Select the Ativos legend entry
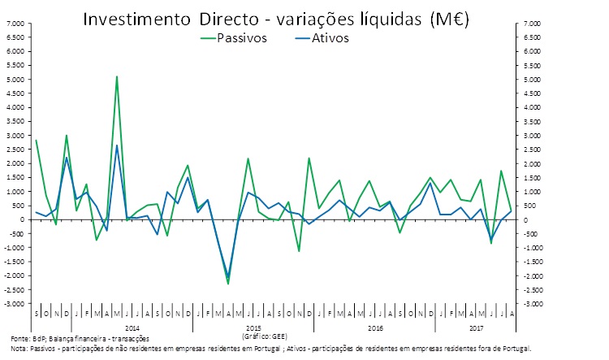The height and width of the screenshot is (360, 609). pyautogui.click(x=329, y=38)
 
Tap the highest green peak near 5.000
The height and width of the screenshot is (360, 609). pyautogui.click(x=117, y=77)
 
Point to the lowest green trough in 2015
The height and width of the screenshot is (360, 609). pyautogui.click(x=228, y=283)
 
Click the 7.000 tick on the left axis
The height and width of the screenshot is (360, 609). pyautogui.click(x=15, y=24)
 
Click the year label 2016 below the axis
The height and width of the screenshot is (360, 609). pyautogui.click(x=375, y=327)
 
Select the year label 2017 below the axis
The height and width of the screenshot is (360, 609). pyautogui.click(x=477, y=327)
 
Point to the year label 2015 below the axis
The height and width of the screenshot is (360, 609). pyautogui.click(x=253, y=327)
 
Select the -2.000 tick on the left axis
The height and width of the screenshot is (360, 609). pyautogui.click(x=15, y=275)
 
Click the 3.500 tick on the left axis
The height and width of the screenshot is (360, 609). pyautogui.click(x=15, y=122)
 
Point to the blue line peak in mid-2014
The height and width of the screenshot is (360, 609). pyautogui.click(x=117, y=146)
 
